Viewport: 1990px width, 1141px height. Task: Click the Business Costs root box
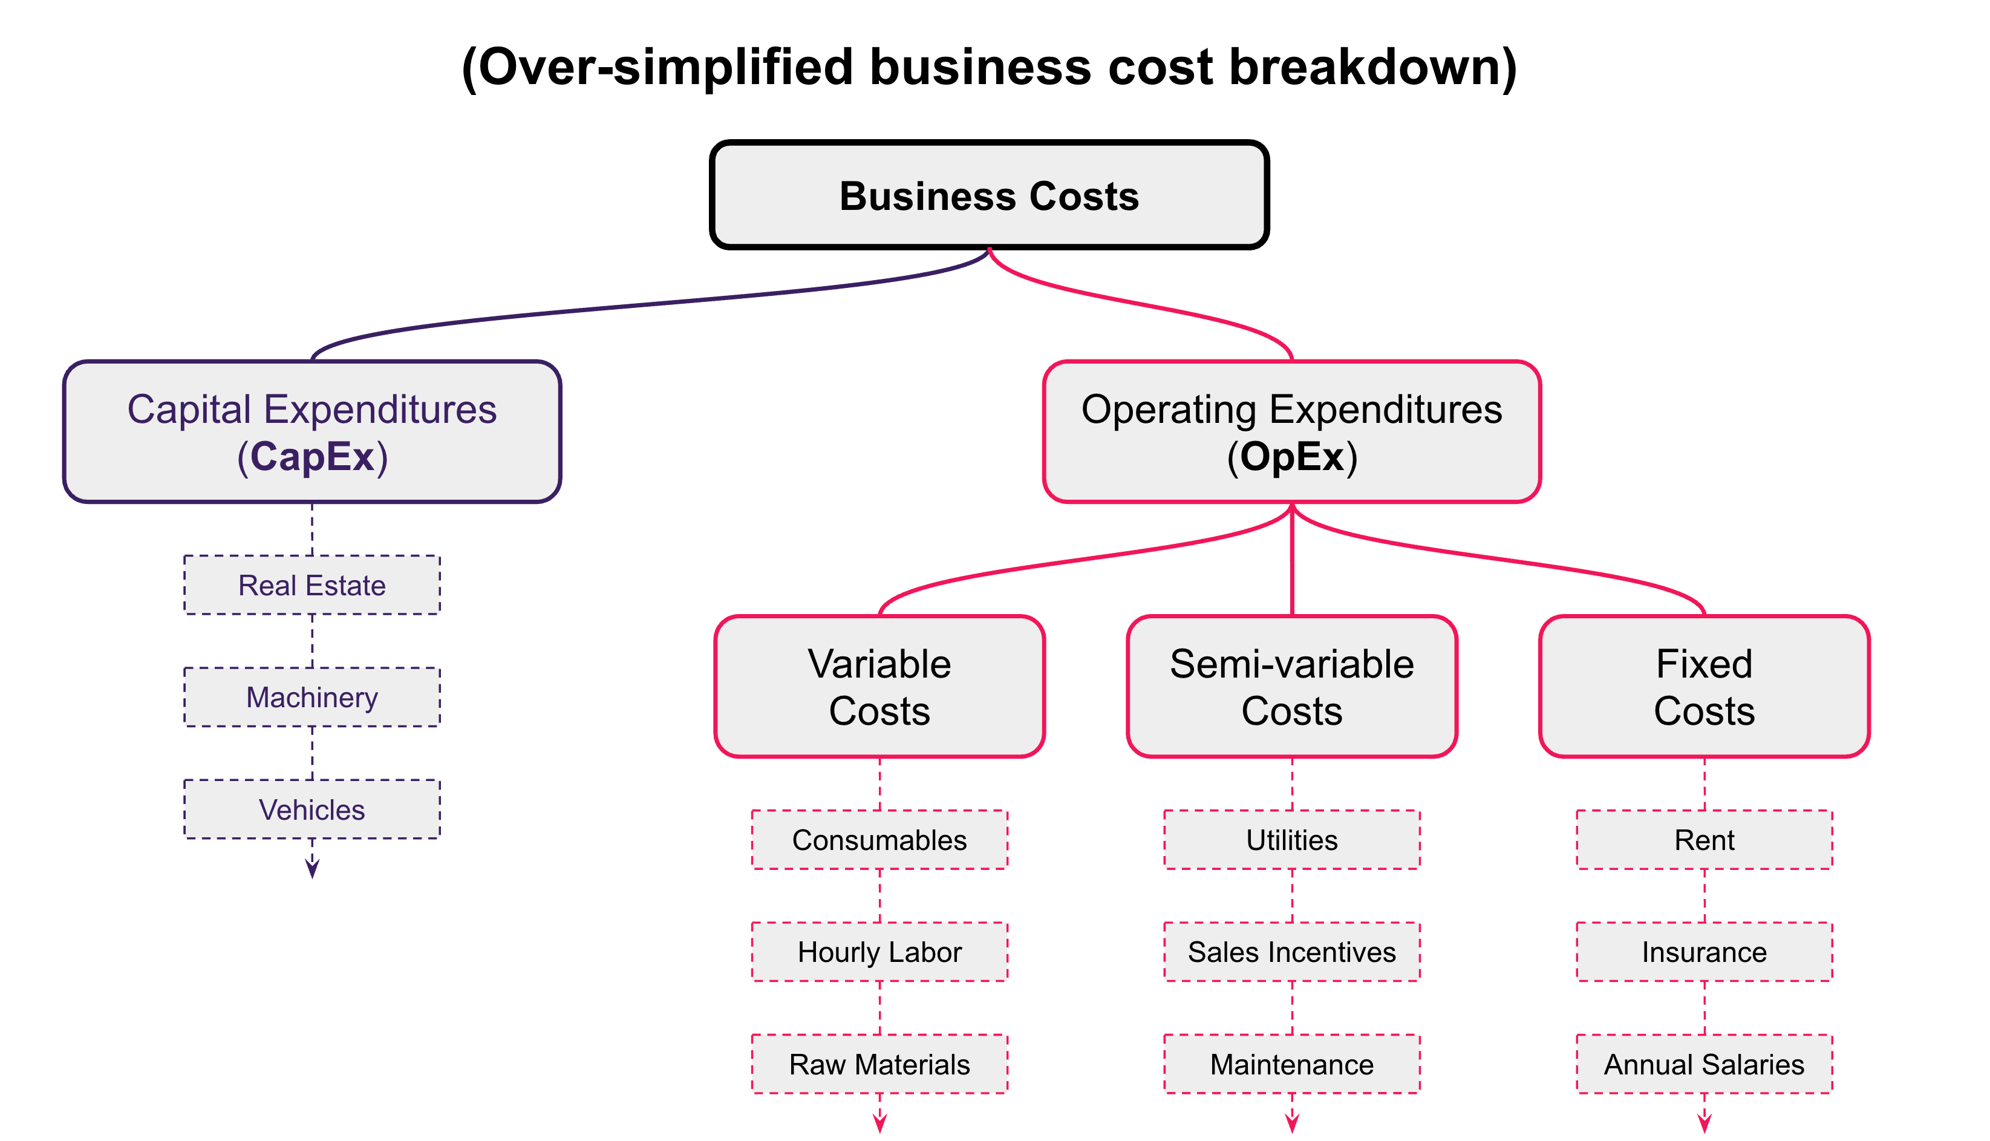(x=989, y=195)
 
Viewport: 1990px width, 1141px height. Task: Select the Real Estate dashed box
(x=312, y=586)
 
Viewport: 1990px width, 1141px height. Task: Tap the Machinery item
(x=312, y=698)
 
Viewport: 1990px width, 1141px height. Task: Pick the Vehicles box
(x=312, y=809)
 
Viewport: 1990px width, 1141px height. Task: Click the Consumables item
(x=879, y=840)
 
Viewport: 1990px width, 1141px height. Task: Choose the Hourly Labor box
(x=879, y=952)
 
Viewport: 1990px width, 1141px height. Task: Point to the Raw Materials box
(x=879, y=1064)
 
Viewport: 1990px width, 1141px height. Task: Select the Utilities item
(x=1292, y=840)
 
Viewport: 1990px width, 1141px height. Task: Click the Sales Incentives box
(x=1292, y=952)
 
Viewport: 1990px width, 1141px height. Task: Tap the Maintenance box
(x=1292, y=1064)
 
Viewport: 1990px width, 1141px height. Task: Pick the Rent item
(x=1704, y=840)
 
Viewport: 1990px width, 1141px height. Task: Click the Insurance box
(x=1704, y=952)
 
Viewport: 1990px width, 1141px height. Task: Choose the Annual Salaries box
(x=1704, y=1064)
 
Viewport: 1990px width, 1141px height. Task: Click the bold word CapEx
(x=313, y=457)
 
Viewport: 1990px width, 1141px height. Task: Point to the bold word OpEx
(x=1292, y=457)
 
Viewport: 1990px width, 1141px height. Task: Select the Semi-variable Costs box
(x=1292, y=687)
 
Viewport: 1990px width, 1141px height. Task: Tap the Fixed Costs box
(x=1704, y=687)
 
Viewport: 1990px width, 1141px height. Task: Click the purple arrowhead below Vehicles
(x=312, y=868)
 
